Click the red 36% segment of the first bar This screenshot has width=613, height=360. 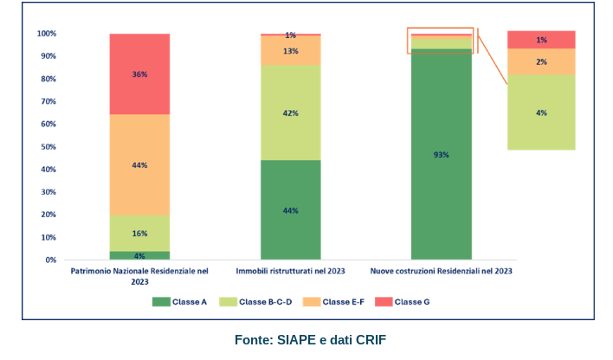point(139,74)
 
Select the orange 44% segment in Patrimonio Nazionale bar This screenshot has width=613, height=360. point(139,164)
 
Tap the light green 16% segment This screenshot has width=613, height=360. point(139,234)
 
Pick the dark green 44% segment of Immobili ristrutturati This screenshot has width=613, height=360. point(290,209)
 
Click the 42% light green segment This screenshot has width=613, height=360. point(290,112)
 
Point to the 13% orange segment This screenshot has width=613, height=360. point(290,50)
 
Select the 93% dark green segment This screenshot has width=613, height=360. point(441,155)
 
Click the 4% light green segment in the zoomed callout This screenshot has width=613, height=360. point(541,112)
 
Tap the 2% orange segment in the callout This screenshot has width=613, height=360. point(541,61)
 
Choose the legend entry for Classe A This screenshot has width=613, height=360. point(179,301)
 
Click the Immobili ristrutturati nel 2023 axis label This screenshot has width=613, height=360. point(290,271)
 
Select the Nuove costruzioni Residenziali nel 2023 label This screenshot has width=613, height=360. point(441,271)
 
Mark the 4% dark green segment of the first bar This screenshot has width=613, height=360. point(139,255)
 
